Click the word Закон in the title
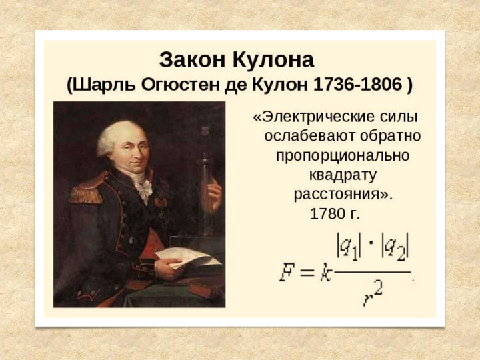pyautogui.click(x=193, y=59)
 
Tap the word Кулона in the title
pyautogui.click(x=273, y=59)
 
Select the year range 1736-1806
pyautogui.click(x=357, y=84)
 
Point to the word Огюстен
pyautogui.click(x=180, y=85)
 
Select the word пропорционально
pyautogui.click(x=343, y=155)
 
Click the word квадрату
pyautogui.click(x=343, y=175)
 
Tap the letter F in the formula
pyautogui.click(x=287, y=272)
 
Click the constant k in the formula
pyautogui.click(x=326, y=272)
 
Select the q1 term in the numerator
pyautogui.click(x=349, y=247)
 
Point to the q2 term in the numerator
pyautogui.click(x=395, y=247)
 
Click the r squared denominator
pyautogui.click(x=373, y=295)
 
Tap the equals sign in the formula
pyautogui.click(x=307, y=272)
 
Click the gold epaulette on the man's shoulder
pyautogui.click(x=87, y=191)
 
